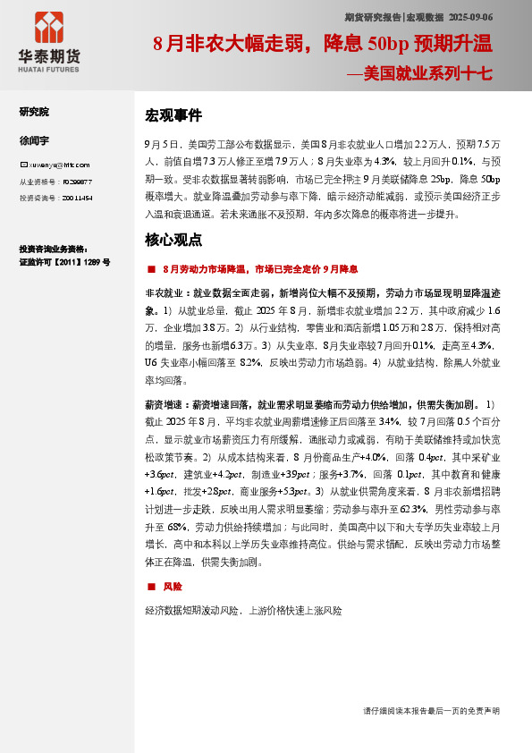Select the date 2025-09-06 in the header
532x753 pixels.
pyautogui.click(x=471, y=17)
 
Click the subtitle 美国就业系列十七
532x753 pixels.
pyautogui.click(x=424, y=75)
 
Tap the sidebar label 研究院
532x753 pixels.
pyautogui.click(x=34, y=112)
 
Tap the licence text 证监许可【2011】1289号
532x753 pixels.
pyautogui.click(x=64, y=263)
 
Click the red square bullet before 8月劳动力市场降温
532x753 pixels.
pyautogui.click(x=150, y=268)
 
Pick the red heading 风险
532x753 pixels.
pyautogui.click(x=173, y=587)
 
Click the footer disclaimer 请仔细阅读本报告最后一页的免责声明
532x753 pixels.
pyautogui.click(x=431, y=710)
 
